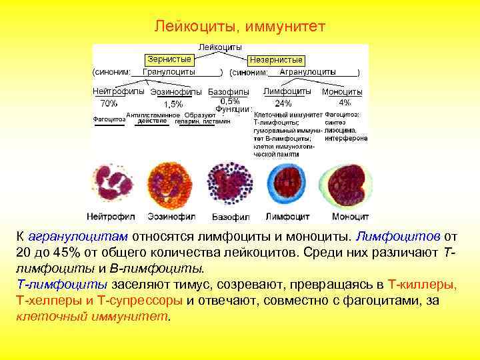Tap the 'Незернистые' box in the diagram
coord(276,59)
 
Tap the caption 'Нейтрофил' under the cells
coord(111,217)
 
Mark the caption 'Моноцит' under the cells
coord(350,217)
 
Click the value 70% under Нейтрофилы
coord(109,103)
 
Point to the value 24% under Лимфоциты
coord(283,103)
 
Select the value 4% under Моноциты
coord(345,103)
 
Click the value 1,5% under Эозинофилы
coord(173,104)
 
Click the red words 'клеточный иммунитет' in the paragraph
coord(93,317)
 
